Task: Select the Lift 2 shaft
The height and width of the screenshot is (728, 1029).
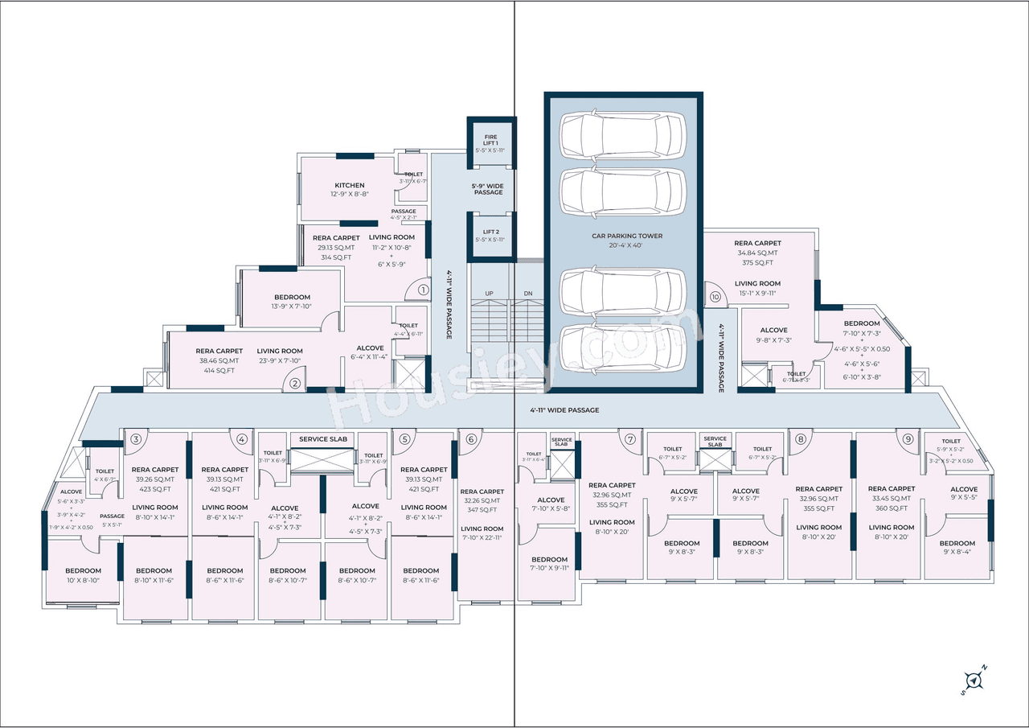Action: (490, 235)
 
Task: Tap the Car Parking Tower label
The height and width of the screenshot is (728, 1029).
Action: (627, 236)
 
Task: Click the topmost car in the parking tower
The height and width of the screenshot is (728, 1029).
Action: (623, 134)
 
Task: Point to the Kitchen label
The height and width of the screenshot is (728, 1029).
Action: (350, 186)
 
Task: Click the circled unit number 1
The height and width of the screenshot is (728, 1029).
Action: (424, 290)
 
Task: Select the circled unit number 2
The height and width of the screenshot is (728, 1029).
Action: (295, 384)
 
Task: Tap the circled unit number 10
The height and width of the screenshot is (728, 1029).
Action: (715, 296)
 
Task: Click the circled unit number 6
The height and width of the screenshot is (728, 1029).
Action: (471, 439)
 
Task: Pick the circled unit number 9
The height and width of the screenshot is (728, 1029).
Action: (908, 439)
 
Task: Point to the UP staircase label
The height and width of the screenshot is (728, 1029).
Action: (488, 294)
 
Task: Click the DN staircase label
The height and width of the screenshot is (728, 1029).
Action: (528, 294)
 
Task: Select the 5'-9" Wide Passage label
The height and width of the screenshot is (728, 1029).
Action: (487, 189)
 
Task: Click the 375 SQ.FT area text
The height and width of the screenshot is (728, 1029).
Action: (757, 262)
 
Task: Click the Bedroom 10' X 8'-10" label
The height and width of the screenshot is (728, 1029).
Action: (83, 575)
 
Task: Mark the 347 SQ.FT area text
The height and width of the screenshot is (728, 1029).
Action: (482, 511)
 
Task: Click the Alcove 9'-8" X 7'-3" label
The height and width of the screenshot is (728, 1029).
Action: (774, 335)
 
